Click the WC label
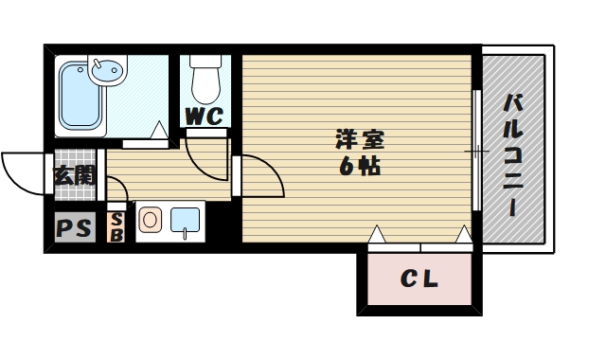point(204,117)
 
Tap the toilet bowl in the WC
point(204,83)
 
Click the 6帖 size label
point(361,167)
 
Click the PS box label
point(74,228)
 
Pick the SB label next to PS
point(117,227)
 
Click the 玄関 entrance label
point(74,175)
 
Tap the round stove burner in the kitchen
point(150,221)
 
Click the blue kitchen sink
point(186,220)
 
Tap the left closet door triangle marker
point(377,233)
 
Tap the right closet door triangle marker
point(463,233)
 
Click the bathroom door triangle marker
point(161,132)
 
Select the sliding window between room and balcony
point(474,150)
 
